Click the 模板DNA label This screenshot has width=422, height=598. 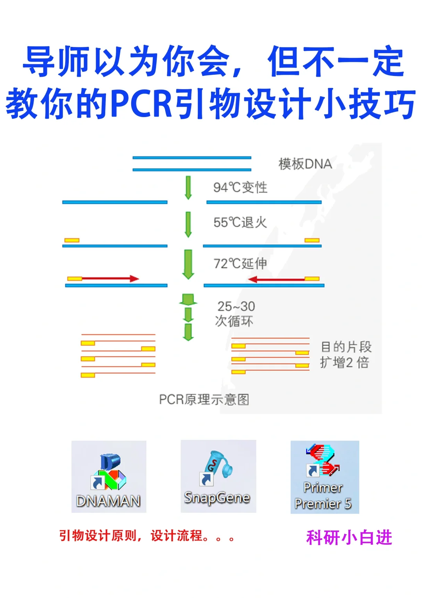[x=305, y=164]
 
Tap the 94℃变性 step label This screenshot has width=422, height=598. [x=240, y=187]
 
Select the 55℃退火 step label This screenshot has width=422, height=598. [x=240, y=222]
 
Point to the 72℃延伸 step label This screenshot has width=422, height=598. [x=240, y=263]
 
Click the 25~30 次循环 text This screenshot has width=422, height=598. [x=235, y=313]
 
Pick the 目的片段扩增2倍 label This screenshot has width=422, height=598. [x=345, y=354]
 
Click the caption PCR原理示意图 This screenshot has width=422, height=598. [x=204, y=399]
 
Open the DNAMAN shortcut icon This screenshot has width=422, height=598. [x=109, y=476]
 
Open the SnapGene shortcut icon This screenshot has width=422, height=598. [x=218, y=476]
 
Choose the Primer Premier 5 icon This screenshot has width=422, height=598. [x=324, y=477]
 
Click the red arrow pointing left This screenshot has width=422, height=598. [x=277, y=279]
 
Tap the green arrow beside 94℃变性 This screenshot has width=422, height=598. [x=188, y=187]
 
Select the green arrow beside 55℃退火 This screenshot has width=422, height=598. [x=188, y=224]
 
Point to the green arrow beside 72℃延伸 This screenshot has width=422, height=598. [x=188, y=264]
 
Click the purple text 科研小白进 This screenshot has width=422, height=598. [x=349, y=537]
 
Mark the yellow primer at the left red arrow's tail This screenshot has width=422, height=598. [x=75, y=279]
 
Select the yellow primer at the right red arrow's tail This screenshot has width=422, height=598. [x=312, y=279]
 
